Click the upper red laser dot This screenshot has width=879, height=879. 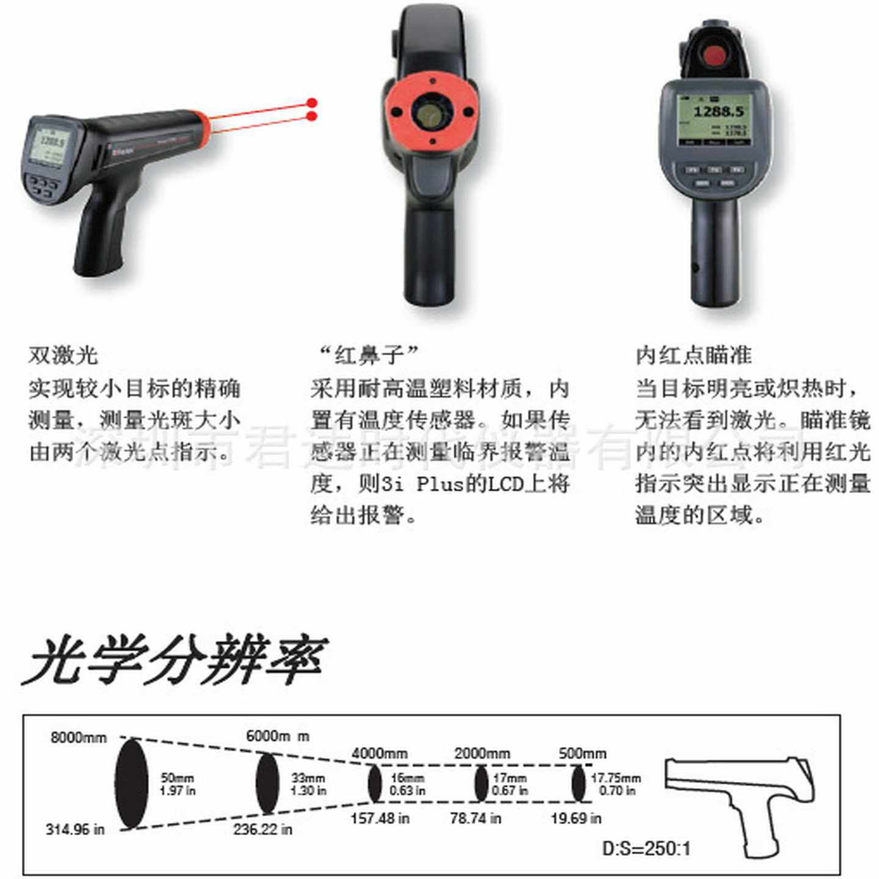312,103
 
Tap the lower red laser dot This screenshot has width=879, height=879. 312,117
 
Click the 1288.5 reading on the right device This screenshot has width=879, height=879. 718,111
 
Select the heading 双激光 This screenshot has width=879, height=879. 63,355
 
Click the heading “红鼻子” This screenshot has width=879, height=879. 369,353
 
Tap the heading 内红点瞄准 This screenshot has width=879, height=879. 693,355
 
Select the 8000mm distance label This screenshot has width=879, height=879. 78,737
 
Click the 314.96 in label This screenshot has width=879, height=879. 75,829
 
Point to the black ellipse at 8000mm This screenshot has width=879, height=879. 131,783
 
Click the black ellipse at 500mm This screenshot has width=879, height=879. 577,783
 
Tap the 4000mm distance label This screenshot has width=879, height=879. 379,753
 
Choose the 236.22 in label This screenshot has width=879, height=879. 262,829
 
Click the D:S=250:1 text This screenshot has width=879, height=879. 646,848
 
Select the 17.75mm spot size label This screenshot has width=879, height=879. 616,778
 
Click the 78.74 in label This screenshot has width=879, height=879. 475,818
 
